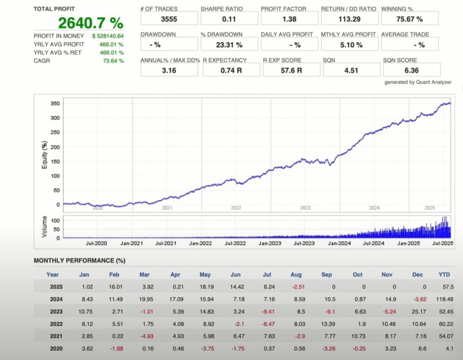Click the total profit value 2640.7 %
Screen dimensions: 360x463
tap(91, 23)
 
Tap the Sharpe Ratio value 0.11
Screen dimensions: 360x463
tap(229, 19)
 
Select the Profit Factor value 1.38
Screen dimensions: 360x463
tap(289, 19)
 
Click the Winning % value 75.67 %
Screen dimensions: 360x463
tap(410, 19)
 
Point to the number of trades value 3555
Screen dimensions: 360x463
tap(169, 19)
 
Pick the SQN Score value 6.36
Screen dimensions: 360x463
tap(412, 70)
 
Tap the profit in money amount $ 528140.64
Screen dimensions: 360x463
tap(108, 36)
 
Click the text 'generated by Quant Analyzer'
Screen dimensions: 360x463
tap(418, 82)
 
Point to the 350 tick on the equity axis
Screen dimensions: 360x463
tap(54, 103)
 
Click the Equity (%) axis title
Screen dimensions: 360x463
tap(45, 153)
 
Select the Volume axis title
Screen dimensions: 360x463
tap(44, 226)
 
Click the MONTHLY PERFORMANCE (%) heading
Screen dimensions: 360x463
tap(79, 261)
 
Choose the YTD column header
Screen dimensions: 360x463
tap(444, 274)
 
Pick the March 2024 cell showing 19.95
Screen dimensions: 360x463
tap(145, 300)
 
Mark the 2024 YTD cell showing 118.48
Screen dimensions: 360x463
tap(444, 300)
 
